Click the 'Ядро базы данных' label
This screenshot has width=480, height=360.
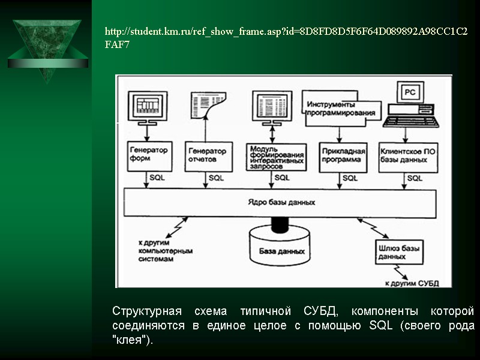(281, 202)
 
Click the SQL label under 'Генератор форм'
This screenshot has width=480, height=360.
(157, 178)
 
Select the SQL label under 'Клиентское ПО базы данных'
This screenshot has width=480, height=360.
(415, 178)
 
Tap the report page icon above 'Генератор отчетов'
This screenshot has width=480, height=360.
(208, 106)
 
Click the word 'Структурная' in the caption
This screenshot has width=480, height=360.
(147, 312)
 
